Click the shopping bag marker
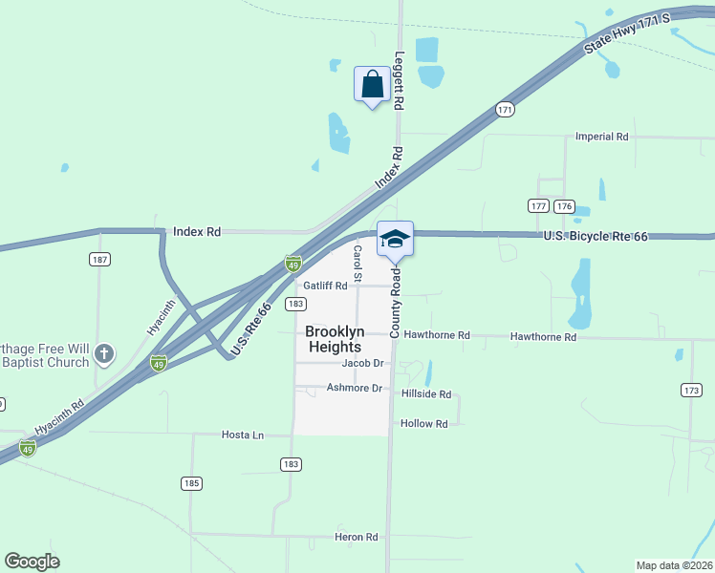(372, 84)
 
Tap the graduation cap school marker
(396, 240)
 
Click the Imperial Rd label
(601, 137)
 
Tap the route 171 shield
(505, 111)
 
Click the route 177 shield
(538, 206)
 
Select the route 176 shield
(564, 206)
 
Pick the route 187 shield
(99, 260)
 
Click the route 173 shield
(692, 390)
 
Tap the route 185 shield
(191, 483)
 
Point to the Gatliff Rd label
(325, 286)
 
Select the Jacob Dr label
(363, 364)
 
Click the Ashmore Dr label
(355, 388)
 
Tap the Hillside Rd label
(425, 393)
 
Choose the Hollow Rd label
(424, 424)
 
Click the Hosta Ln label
(243, 435)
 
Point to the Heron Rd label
(357, 537)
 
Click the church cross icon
(106, 355)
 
